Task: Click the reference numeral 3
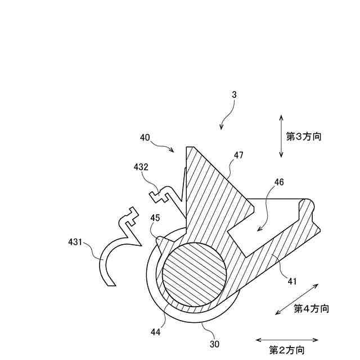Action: click(x=233, y=95)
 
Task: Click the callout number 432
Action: click(x=141, y=167)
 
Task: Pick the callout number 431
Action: click(x=74, y=242)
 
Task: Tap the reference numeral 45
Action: click(x=155, y=218)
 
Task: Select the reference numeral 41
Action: click(x=292, y=280)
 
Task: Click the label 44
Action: click(x=155, y=332)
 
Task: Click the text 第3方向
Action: click(x=304, y=136)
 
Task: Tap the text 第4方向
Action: click(x=311, y=308)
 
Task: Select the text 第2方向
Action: click(x=287, y=350)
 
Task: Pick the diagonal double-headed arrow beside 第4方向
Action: click(x=296, y=300)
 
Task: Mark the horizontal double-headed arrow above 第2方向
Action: click(x=287, y=340)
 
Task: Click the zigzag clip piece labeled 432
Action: click(x=169, y=194)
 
